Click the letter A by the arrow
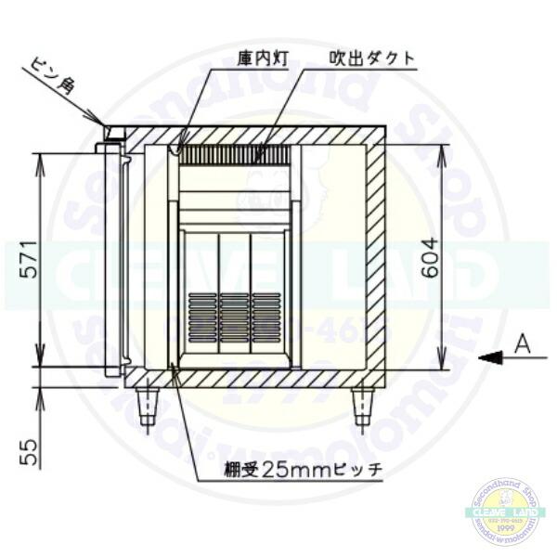(x=523, y=345)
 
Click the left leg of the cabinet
(x=148, y=406)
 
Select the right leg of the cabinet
(x=361, y=406)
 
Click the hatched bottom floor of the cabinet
(x=251, y=378)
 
